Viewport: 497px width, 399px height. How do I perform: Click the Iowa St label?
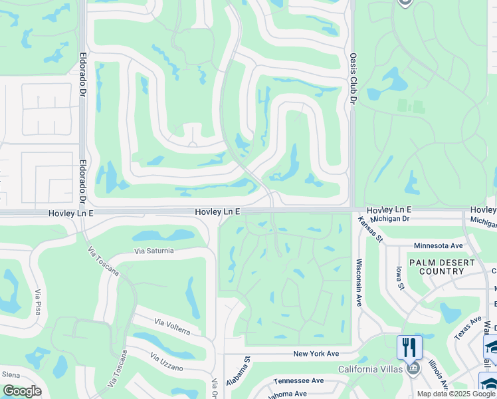pos(400,278)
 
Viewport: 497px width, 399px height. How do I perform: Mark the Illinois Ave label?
pos(439,374)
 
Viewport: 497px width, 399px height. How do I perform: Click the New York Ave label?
pos(316,354)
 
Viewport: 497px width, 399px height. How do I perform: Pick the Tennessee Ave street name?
pos(298,381)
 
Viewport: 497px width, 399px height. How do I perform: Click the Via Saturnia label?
pos(153,251)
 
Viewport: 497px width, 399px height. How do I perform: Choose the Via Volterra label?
pos(172,327)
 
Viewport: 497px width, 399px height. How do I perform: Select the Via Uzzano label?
pos(167,363)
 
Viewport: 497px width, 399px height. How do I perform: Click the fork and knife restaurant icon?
pos(409,346)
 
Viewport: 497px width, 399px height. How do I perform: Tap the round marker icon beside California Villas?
pos(413,368)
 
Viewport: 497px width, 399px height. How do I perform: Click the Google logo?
pos(22,391)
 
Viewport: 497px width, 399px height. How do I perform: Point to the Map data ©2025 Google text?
pos(456,394)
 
